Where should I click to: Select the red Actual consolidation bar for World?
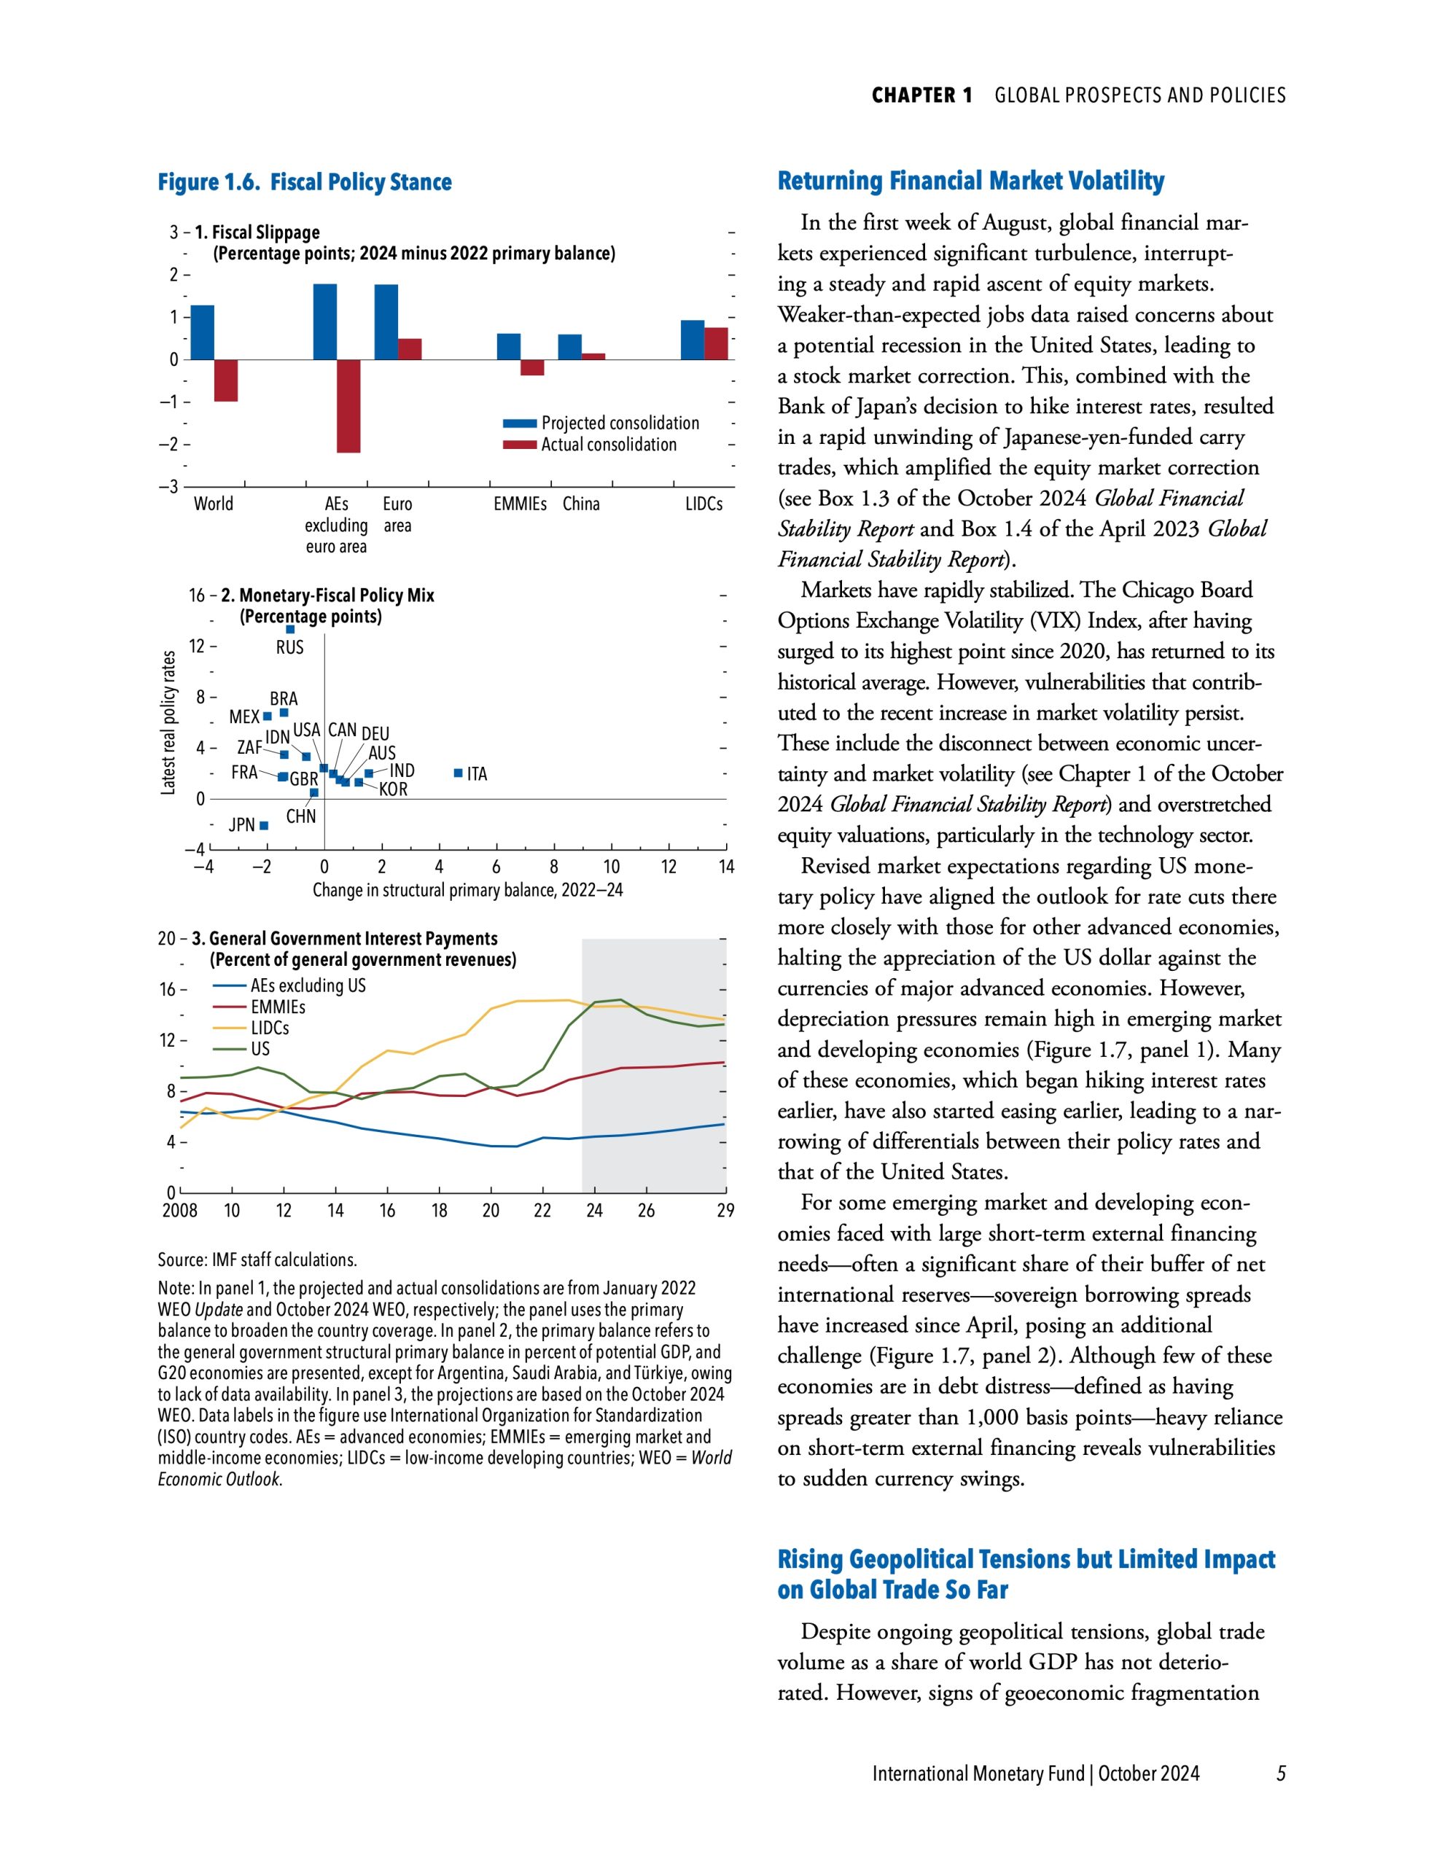[x=226, y=380]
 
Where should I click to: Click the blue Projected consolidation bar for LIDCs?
[x=693, y=340]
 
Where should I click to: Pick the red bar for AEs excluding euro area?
[x=348, y=406]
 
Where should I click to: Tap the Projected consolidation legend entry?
[x=620, y=423]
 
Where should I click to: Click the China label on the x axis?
[x=581, y=504]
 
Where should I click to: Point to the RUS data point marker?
[x=289, y=630]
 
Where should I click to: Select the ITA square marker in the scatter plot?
[x=458, y=773]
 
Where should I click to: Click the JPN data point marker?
[x=264, y=825]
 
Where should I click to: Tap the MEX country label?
[x=243, y=717]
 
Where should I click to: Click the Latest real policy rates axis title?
[x=168, y=723]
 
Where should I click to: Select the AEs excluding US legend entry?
[x=308, y=985]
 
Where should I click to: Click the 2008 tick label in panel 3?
[x=179, y=1210]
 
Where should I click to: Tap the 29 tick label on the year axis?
[x=725, y=1210]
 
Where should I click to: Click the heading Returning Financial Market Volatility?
[x=971, y=181]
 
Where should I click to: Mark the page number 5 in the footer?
[x=1280, y=1773]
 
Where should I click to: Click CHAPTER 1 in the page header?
[x=921, y=95]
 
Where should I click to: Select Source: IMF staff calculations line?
[x=257, y=1260]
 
